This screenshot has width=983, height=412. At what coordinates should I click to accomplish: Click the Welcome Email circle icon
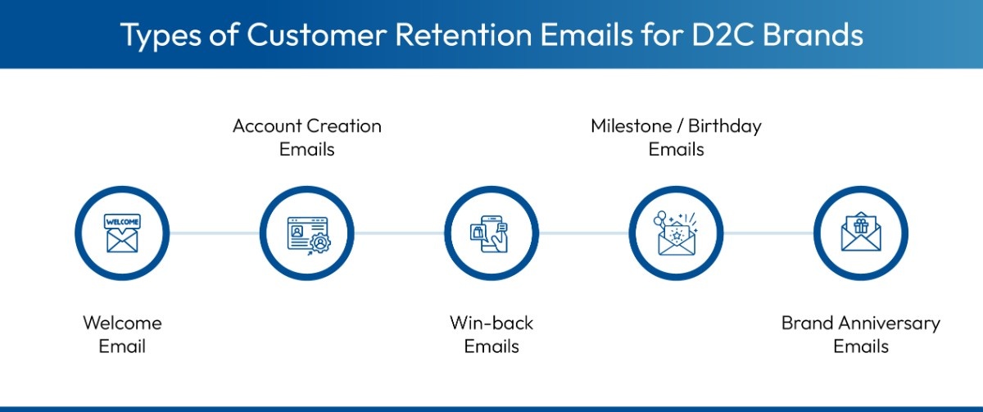pyautogui.click(x=122, y=233)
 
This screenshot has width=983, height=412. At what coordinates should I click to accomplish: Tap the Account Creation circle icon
pyautogui.click(x=306, y=233)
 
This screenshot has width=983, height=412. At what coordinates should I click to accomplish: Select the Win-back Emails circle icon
pyautogui.click(x=491, y=233)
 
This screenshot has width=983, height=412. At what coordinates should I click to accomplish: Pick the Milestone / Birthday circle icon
pyautogui.click(x=676, y=233)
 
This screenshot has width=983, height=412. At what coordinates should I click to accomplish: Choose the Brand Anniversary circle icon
pyautogui.click(x=860, y=233)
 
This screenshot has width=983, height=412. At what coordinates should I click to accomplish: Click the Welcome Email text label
pyautogui.click(x=122, y=334)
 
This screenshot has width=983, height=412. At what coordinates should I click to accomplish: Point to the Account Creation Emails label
pyautogui.click(x=306, y=138)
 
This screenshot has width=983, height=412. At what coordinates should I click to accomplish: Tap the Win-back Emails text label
pyautogui.click(x=491, y=334)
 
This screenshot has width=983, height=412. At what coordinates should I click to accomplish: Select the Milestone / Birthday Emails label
pyautogui.click(x=676, y=138)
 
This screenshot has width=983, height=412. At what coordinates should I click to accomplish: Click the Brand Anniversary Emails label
pyautogui.click(x=860, y=334)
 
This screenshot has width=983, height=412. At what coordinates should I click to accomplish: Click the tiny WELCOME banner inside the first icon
pyautogui.click(x=122, y=221)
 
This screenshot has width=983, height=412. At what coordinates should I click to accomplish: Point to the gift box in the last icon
pyautogui.click(x=860, y=226)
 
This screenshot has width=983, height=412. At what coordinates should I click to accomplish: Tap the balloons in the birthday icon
pyautogui.click(x=661, y=219)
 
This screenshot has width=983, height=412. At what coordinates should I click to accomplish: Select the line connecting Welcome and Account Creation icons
pyautogui.click(x=215, y=233)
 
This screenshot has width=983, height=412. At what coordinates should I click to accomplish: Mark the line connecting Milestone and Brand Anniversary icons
pyautogui.click(x=768, y=233)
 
